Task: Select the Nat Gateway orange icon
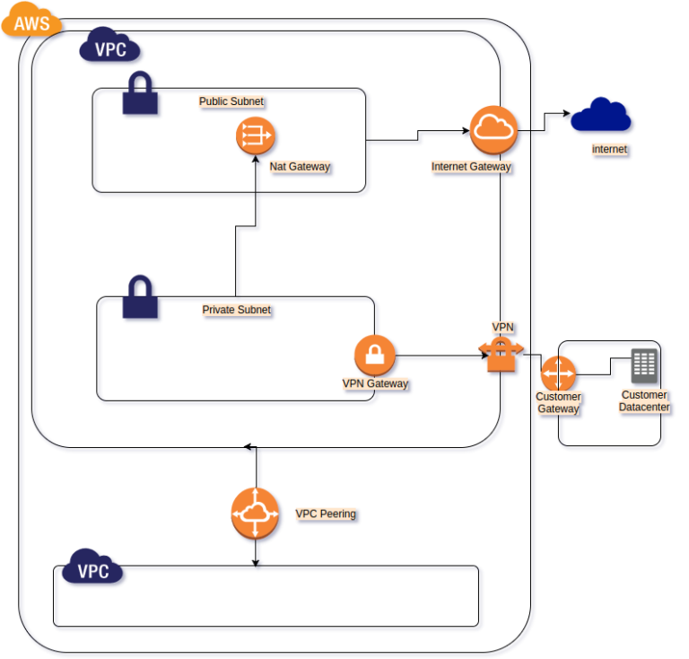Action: point(256,136)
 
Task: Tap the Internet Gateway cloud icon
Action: point(493,129)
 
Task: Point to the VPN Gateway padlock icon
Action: point(375,356)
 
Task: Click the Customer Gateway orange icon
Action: point(559,373)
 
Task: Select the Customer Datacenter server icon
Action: point(644,365)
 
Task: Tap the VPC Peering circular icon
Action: point(256,513)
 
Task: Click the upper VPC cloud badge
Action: point(110,48)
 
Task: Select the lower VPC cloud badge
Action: point(92,570)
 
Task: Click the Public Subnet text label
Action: point(231,101)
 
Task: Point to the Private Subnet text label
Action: point(236,310)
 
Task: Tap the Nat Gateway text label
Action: point(300,166)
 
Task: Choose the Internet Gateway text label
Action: point(471,166)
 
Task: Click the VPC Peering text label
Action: point(325,514)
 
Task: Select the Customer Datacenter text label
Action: point(644,400)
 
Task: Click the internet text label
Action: point(609,149)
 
